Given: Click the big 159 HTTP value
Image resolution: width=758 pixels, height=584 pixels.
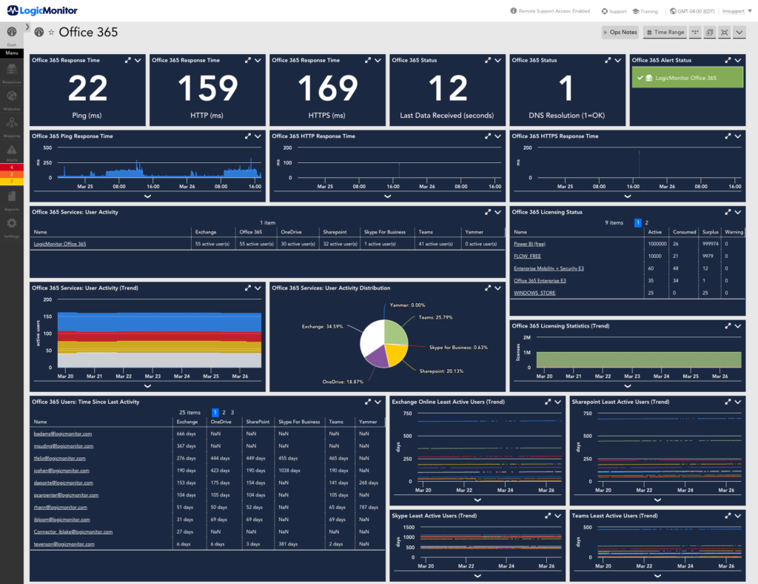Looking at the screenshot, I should coord(208,89).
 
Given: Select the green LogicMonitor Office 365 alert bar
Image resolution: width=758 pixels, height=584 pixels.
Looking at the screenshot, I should coord(686,78).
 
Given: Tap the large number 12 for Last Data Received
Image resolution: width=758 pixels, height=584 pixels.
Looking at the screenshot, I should coord(448,89).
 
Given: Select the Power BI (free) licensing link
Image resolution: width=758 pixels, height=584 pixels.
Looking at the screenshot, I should coord(530,243).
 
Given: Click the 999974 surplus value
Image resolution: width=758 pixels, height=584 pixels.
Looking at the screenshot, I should coord(709,243).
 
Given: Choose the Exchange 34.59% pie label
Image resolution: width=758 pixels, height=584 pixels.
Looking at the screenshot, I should coord(326,326).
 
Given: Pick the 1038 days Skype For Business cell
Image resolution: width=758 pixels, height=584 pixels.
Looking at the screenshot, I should coord(289,470).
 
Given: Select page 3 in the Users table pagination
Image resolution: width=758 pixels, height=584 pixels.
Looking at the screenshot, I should coord(232,412).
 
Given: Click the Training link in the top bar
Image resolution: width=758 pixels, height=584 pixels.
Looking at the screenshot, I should coord(645,11).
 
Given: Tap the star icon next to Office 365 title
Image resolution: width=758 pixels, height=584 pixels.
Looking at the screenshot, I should coord(51,33).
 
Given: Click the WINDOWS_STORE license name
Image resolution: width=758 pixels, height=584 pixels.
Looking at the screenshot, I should coord(534,293).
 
